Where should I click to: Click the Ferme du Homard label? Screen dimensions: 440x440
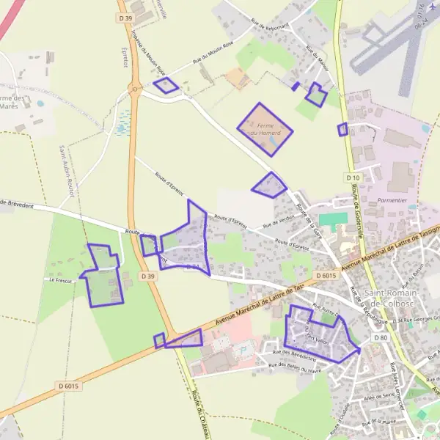(264, 129)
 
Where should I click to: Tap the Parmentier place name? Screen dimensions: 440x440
(392, 199)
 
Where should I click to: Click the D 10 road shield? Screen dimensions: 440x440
(353, 177)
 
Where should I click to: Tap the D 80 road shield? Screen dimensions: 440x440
(379, 337)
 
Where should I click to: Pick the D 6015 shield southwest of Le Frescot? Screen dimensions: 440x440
(67, 386)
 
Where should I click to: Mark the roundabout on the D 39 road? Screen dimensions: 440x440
(134, 89)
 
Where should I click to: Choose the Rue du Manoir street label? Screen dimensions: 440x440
(317, 62)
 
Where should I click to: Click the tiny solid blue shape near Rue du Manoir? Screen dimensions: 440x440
(296, 87)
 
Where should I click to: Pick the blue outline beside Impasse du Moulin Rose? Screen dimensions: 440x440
(166, 86)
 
